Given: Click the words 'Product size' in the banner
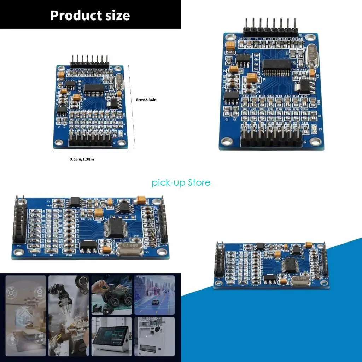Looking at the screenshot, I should pyautogui.click(x=90, y=16).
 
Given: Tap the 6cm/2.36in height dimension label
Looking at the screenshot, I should pyautogui.click(x=146, y=100).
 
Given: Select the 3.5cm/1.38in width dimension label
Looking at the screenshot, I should pyautogui.click(x=82, y=159).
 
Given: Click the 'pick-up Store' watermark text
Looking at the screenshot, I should pyautogui.click(x=181, y=182).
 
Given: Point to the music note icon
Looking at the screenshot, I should pyautogui.click(x=39, y=338).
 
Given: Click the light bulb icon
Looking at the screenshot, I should pyautogui.click(x=13, y=339).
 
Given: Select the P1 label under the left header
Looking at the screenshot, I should pyautogui.click(x=18, y=245).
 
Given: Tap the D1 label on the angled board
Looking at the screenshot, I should pyautogui.click(x=34, y=255).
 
